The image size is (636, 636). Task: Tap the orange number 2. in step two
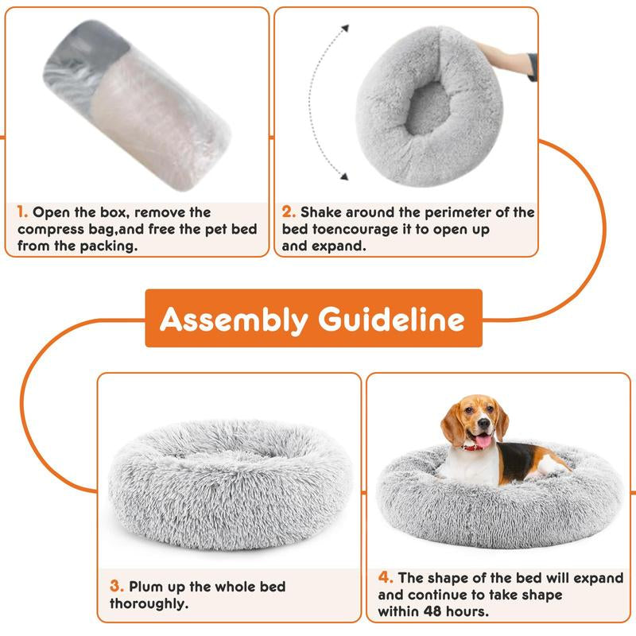pyautogui.click(x=289, y=213)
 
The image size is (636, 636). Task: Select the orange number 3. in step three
pyautogui.click(x=117, y=587)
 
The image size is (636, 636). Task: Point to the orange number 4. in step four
pyautogui.click(x=386, y=578)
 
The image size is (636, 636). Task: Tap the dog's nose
pyautogui.click(x=480, y=428)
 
